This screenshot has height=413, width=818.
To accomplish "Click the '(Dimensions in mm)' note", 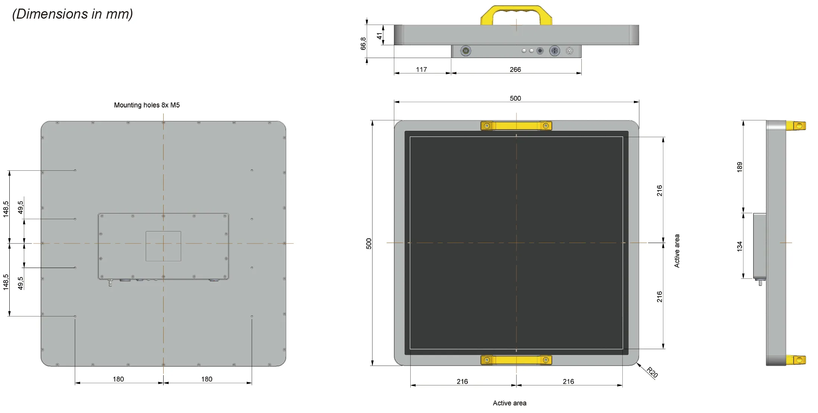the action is coord(72,14).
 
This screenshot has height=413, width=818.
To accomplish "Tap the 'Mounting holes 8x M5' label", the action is coord(147,105).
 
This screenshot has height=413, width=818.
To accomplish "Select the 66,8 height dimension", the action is coord(363,43).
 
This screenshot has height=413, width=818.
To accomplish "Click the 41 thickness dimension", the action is coord(379,36).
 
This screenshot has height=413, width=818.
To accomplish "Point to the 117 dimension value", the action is coord(421,69).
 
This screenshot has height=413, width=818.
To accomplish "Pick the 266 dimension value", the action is coord(515,69).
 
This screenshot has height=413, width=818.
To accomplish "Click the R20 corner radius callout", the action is coord(652,372).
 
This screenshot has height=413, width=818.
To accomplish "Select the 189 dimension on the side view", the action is coord(740,167).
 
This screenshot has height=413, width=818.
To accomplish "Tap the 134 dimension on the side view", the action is coord(740,246).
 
